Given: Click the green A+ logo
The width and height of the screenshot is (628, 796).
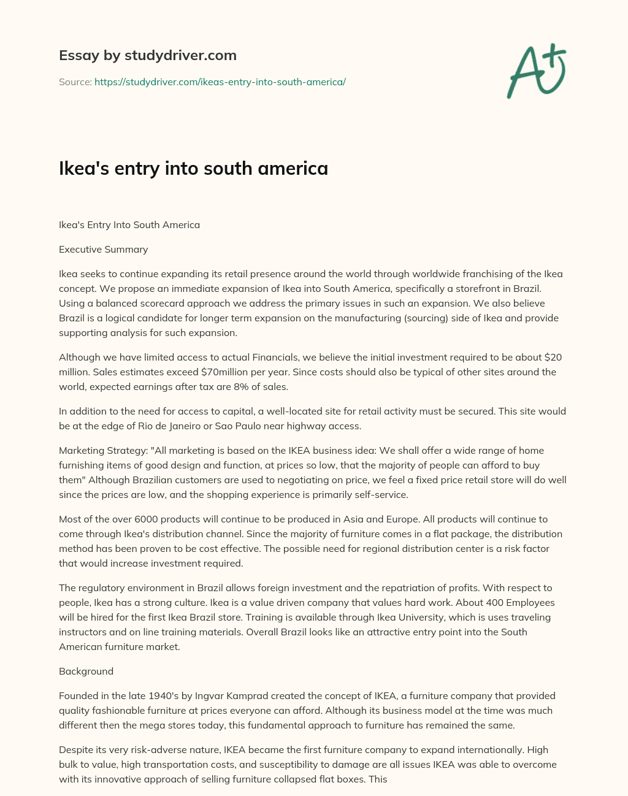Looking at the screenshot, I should [537, 71].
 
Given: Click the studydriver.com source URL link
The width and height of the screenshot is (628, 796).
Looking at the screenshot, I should [220, 82].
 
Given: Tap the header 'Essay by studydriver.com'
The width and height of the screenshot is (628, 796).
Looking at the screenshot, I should [147, 55].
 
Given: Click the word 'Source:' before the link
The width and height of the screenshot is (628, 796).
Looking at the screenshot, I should [75, 82].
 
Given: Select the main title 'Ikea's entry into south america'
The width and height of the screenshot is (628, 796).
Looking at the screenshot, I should [193, 168].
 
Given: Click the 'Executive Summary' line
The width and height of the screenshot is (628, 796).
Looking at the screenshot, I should [103, 249].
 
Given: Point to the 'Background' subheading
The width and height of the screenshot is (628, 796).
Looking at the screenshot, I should [86, 671].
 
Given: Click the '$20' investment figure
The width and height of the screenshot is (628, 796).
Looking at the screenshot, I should [553, 357].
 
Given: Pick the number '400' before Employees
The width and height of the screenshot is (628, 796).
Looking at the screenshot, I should [469, 602].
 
